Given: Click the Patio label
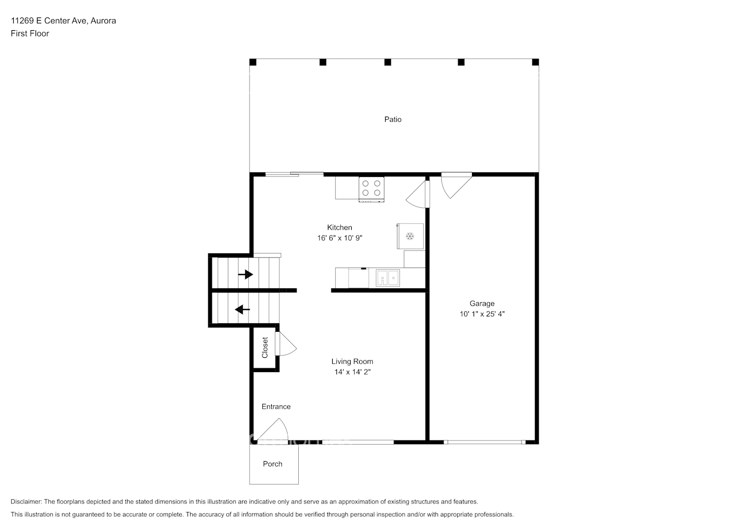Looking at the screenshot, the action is click(x=393, y=119).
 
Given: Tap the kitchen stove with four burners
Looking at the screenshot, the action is click(x=371, y=189).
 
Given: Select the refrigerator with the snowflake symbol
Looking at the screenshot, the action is click(x=411, y=236).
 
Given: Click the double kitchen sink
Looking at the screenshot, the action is click(x=388, y=278).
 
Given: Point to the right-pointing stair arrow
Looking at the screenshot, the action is click(x=245, y=275).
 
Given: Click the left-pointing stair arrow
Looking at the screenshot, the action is click(x=243, y=310).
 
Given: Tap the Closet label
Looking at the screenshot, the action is click(x=265, y=348).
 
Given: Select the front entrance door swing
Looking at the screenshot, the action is click(x=272, y=431).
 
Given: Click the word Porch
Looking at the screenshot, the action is click(x=272, y=464).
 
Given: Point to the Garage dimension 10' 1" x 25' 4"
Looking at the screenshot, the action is click(x=482, y=314).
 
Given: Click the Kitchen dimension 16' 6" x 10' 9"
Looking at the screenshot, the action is click(x=340, y=238).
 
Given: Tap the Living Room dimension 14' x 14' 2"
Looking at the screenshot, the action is click(x=352, y=372).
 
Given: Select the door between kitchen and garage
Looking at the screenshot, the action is click(x=417, y=195).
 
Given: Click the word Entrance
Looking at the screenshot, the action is click(x=276, y=407).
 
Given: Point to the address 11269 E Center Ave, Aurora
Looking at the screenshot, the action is click(x=64, y=21).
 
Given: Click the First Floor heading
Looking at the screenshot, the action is click(x=30, y=33).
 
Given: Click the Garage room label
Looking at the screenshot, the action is click(x=482, y=304).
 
